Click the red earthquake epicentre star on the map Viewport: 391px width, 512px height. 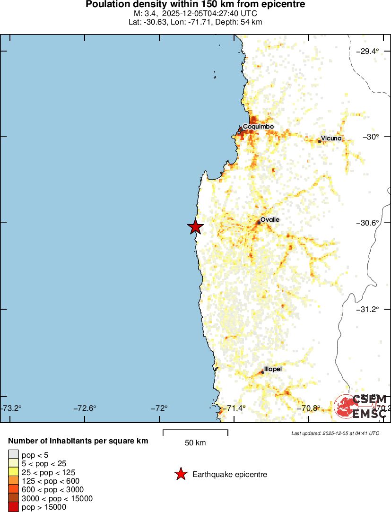pos(195,227)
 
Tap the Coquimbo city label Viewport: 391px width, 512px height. pos(258,127)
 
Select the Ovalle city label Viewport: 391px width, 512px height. pos(270,220)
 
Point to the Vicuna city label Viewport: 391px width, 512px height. pos(331,139)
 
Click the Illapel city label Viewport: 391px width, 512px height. pos(273,369)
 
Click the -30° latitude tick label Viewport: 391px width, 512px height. pos(371,137)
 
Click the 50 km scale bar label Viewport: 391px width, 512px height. pos(195,443)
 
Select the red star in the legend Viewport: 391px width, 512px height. pos(181,474)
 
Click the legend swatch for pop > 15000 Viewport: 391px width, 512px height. pos(13,507)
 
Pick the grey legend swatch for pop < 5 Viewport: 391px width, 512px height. pos(13,455)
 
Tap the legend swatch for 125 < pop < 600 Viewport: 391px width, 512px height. pos(13,481)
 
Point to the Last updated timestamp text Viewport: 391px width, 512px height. pos(335,433)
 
